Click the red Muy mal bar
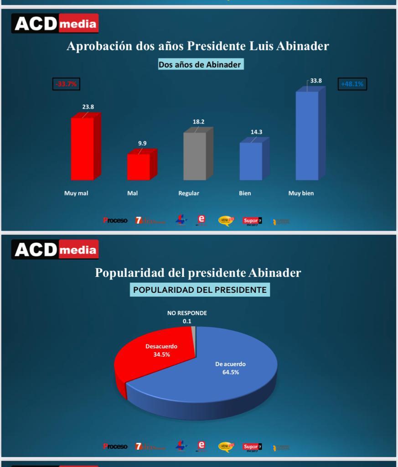pos(83,148)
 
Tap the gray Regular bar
pos(195,156)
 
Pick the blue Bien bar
pos(251,161)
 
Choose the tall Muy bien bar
pos(307,135)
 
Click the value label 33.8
pos(316,81)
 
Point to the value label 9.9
pos(143,144)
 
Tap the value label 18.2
pos(198,122)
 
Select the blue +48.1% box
pos(352,84)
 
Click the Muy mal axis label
pos(76,193)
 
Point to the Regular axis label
pos(189,193)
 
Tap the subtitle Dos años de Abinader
pos(200,65)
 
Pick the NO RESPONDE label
pos(187,313)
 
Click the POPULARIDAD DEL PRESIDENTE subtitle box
pos(200,290)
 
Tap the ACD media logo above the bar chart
pos(55,24)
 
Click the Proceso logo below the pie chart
pos(115,446)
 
